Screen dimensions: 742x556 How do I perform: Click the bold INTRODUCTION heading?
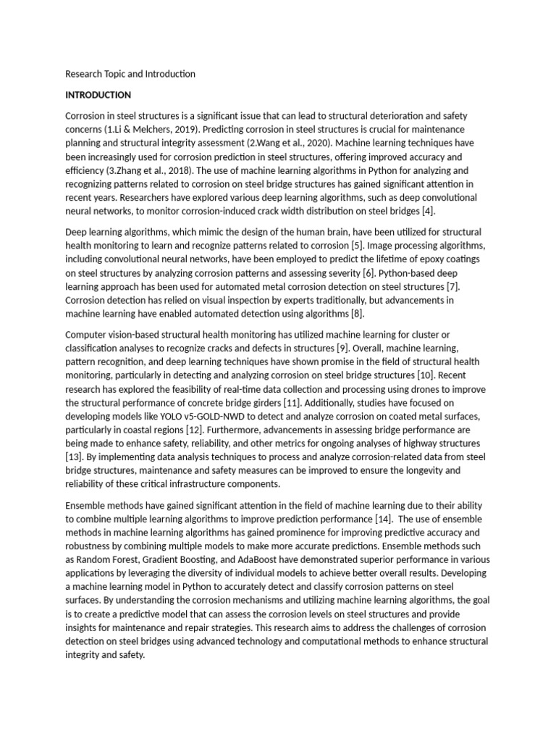(x=98, y=95)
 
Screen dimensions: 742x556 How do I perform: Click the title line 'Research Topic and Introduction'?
(x=130, y=74)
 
